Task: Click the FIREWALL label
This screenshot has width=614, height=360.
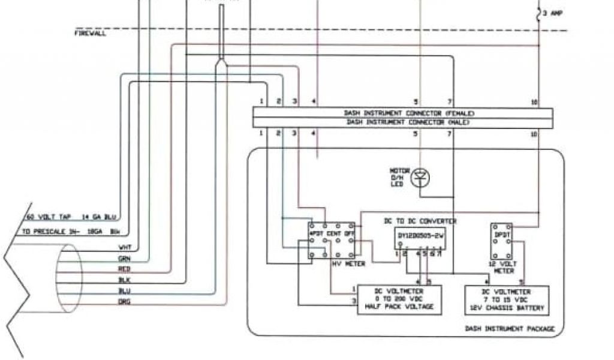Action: (x=90, y=34)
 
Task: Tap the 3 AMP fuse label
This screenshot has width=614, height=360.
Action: (x=553, y=13)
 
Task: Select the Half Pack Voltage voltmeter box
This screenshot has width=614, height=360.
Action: (x=399, y=298)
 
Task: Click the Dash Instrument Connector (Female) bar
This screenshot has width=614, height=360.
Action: (x=402, y=113)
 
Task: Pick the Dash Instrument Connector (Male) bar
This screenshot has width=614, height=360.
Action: (x=402, y=122)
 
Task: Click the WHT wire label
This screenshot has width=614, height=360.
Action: (x=125, y=247)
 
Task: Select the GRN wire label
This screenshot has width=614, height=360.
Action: (x=125, y=259)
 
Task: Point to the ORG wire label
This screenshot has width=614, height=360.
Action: (x=125, y=302)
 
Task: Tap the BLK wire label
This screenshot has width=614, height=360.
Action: (x=125, y=280)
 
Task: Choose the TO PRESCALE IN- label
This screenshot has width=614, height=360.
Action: (x=51, y=231)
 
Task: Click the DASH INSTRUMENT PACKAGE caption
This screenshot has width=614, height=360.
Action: (x=510, y=329)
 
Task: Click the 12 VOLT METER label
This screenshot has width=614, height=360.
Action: (x=502, y=267)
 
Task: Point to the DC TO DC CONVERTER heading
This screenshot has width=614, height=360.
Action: (x=420, y=221)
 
